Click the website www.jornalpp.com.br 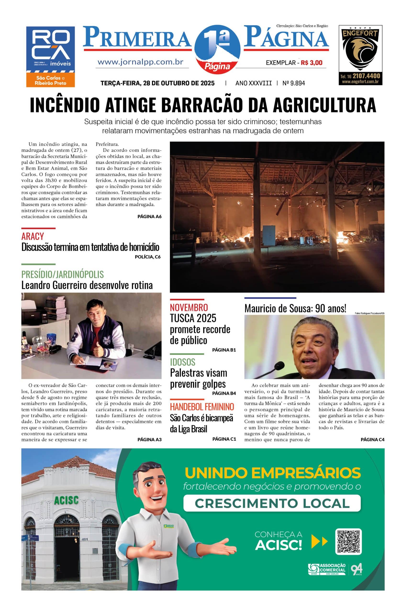pyautogui.click(x=140, y=62)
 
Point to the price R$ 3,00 pyautogui.click(x=311, y=63)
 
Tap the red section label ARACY pyautogui.click(x=33, y=236)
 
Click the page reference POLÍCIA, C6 pyautogui.click(x=148, y=257)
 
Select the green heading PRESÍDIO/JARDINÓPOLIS pyautogui.click(x=62, y=274)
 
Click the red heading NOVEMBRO pyautogui.click(x=189, y=307)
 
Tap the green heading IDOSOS pyautogui.click(x=183, y=362)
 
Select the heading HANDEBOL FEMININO pyautogui.click(x=202, y=407)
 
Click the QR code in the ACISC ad pyautogui.click(x=348, y=542)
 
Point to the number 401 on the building pyautogui.click(x=85, y=539)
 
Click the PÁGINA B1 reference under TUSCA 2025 pyautogui.click(x=224, y=350)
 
